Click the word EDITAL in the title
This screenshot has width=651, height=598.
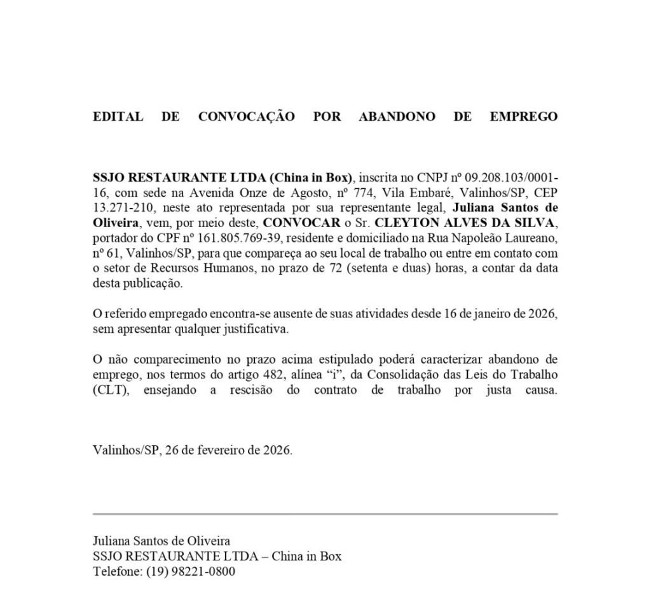[x=118, y=117]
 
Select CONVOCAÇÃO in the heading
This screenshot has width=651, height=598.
[x=247, y=117]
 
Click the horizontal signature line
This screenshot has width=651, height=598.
[x=325, y=513]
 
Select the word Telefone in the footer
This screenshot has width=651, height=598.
[x=116, y=571]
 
